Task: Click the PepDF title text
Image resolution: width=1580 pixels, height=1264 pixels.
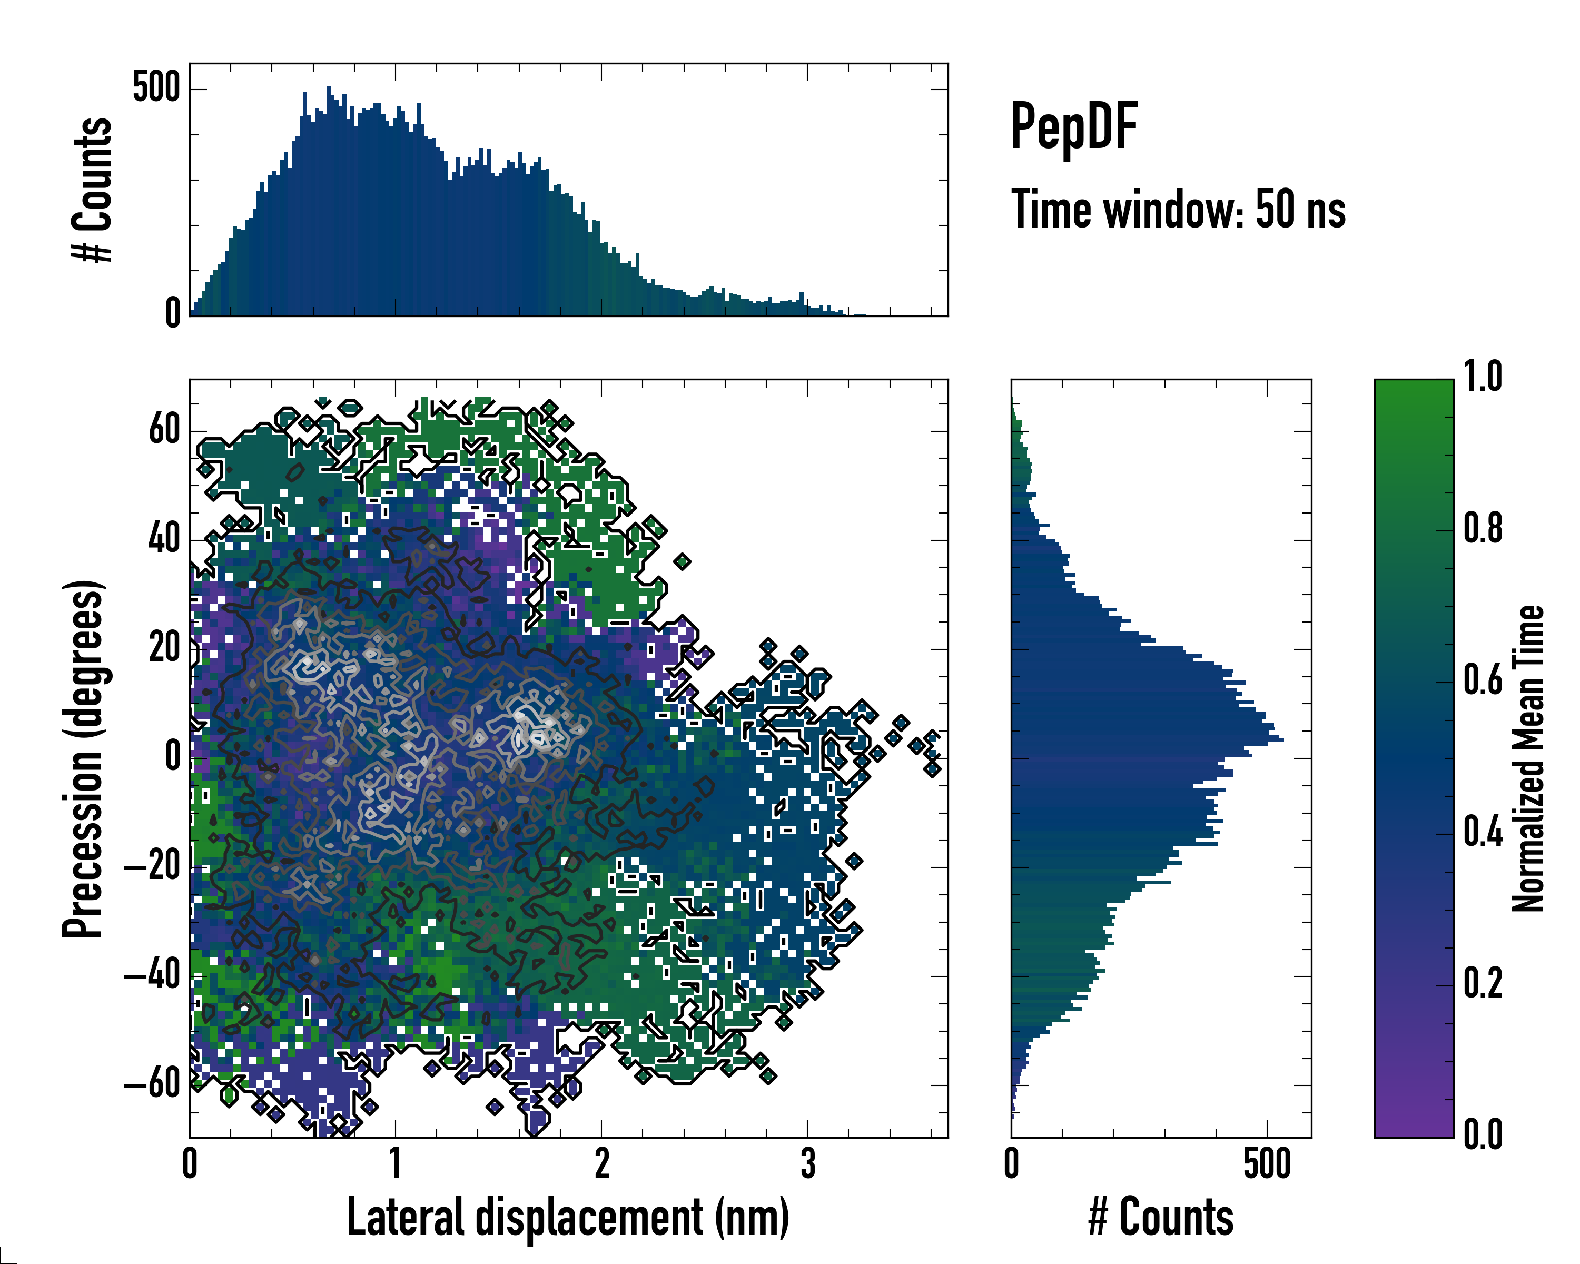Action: click(x=1073, y=127)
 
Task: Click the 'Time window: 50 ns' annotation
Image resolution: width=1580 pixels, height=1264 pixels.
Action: click(x=1178, y=210)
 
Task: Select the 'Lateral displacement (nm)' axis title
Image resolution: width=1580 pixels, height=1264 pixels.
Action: click(x=568, y=1218)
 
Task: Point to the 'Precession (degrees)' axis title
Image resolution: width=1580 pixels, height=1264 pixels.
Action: click(x=83, y=758)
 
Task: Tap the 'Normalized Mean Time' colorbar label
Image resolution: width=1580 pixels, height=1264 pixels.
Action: click(x=1528, y=758)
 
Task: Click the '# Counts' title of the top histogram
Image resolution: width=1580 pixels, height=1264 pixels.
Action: click(x=92, y=190)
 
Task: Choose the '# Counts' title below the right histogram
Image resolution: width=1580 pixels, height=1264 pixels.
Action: click(x=1161, y=1218)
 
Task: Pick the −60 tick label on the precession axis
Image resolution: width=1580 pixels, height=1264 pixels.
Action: click(x=152, y=1084)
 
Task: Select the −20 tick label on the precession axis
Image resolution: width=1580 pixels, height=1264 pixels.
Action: click(x=152, y=867)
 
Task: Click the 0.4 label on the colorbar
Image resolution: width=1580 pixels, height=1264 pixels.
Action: click(x=1483, y=833)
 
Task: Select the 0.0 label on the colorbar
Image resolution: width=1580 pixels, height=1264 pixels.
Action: click(x=1483, y=1135)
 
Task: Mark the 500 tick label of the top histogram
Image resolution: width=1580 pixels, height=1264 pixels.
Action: click(x=156, y=88)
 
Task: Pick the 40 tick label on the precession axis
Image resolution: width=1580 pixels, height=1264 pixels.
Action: click(x=164, y=539)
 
